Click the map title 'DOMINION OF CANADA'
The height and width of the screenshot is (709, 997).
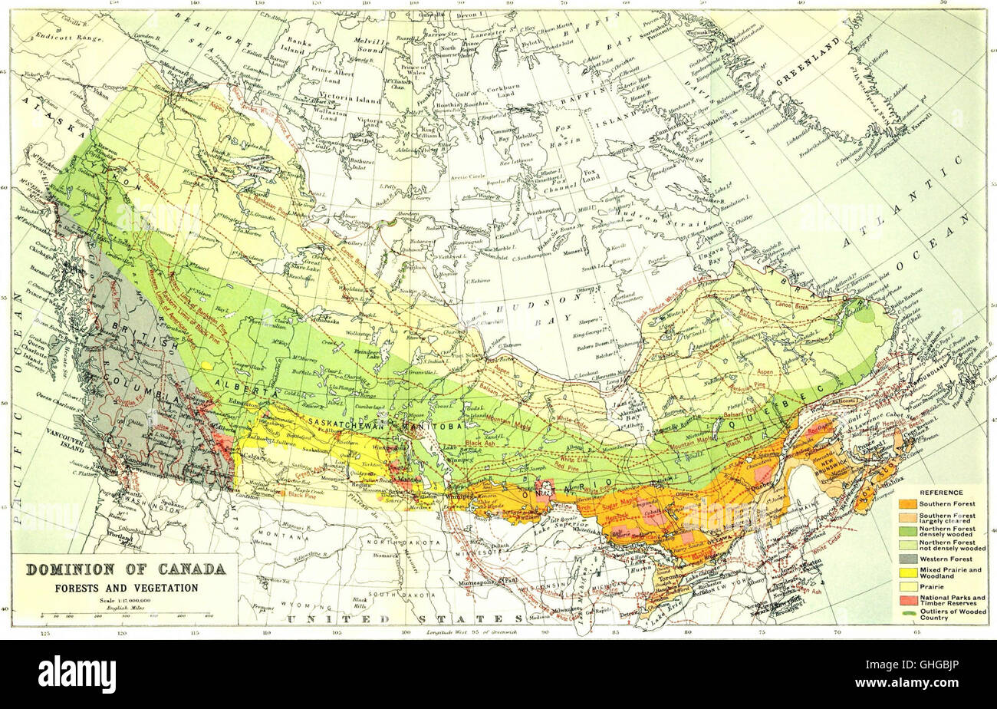point(126,570)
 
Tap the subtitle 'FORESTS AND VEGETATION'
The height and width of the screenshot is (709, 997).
point(126,588)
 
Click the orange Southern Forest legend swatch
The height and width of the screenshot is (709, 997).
point(908,503)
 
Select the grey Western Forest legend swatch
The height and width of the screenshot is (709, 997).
point(908,559)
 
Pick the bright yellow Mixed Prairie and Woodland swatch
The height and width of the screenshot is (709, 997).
point(908,572)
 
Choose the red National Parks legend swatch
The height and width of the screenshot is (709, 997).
point(908,599)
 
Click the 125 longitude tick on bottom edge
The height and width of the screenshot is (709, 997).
point(44,634)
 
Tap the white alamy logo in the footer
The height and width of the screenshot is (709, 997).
point(77,674)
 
